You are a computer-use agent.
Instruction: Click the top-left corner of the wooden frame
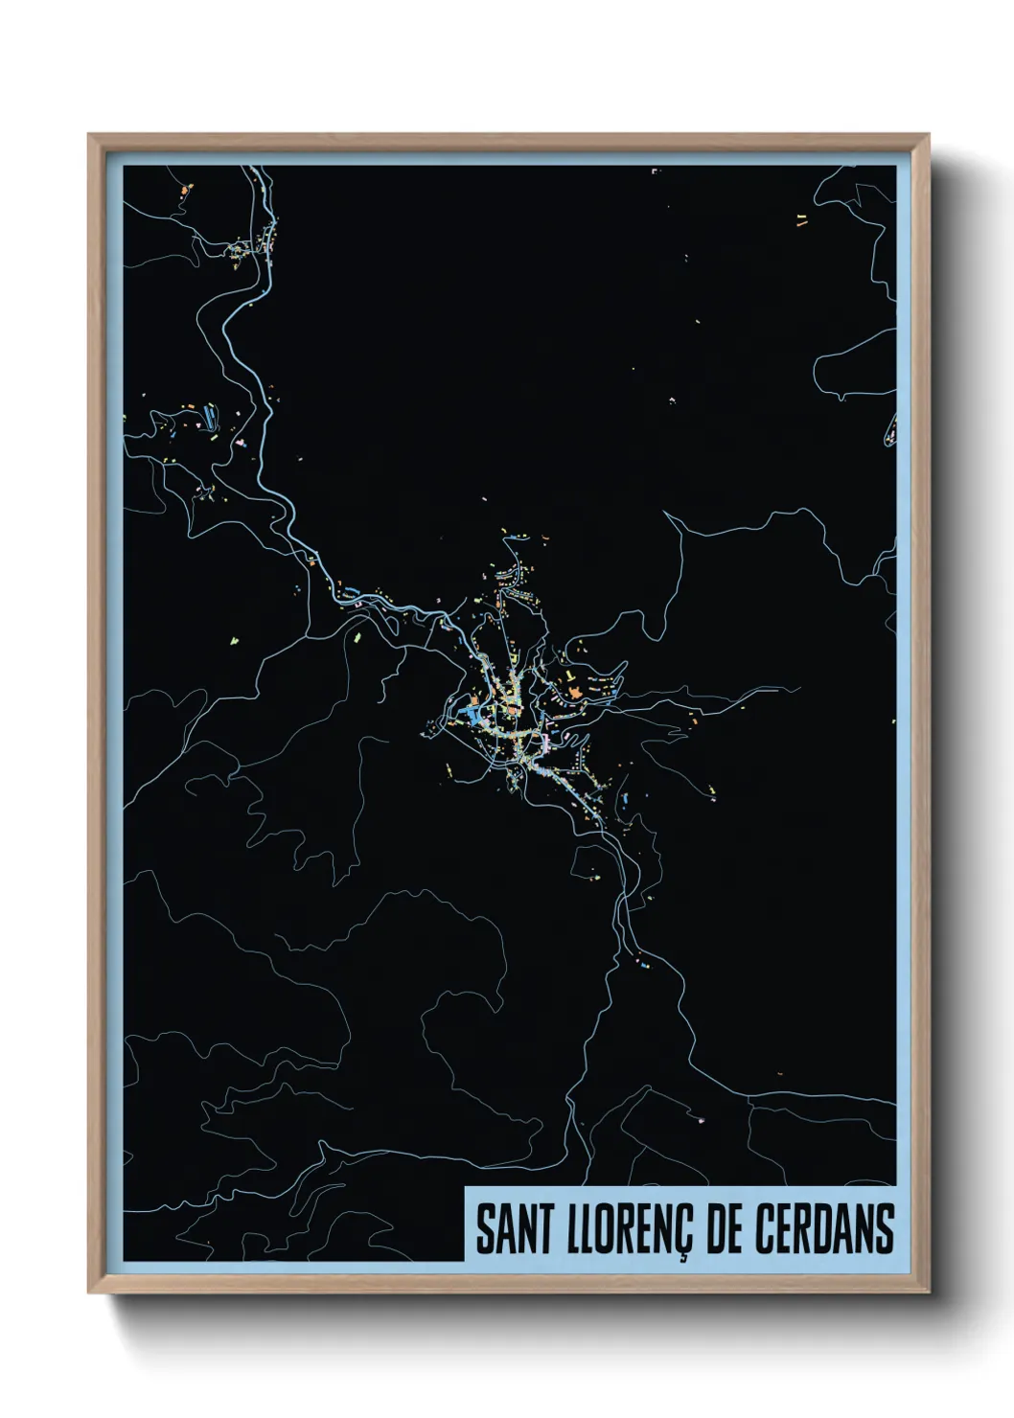tap(89, 135)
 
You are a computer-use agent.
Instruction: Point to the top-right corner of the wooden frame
tap(928, 135)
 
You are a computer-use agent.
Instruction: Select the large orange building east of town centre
tap(572, 689)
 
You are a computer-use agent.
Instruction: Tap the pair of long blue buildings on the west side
tap(208, 416)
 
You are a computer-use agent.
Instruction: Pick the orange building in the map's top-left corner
tap(182, 192)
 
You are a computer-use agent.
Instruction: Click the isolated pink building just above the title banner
tap(702, 1118)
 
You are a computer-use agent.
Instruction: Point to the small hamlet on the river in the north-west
tap(238, 251)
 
